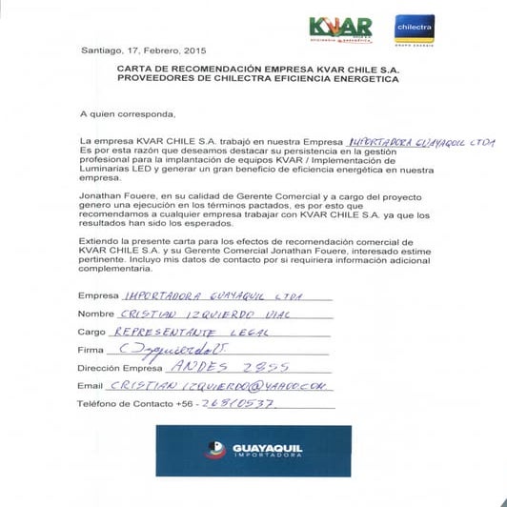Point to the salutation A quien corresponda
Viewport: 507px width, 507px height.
click(128, 113)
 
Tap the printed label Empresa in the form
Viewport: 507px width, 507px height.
click(100, 295)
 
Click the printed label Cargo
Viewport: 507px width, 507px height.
click(94, 333)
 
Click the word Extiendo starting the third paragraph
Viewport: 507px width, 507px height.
click(99, 245)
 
